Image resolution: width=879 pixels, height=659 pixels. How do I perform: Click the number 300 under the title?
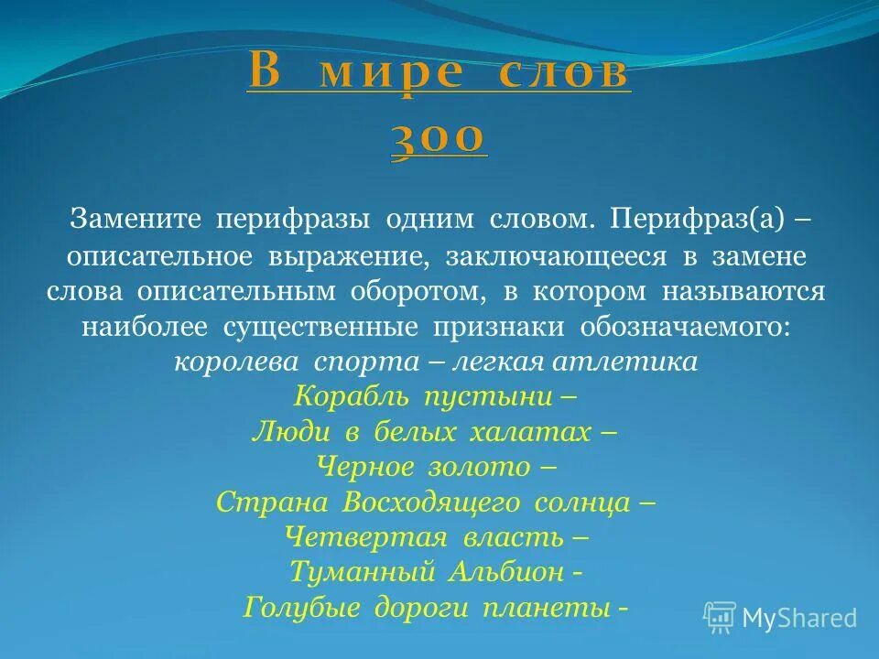point(439,139)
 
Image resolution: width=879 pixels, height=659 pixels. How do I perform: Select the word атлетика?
point(638,362)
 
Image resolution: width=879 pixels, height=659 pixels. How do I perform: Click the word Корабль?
point(353,396)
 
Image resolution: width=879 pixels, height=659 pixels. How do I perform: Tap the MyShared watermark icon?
point(720,617)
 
